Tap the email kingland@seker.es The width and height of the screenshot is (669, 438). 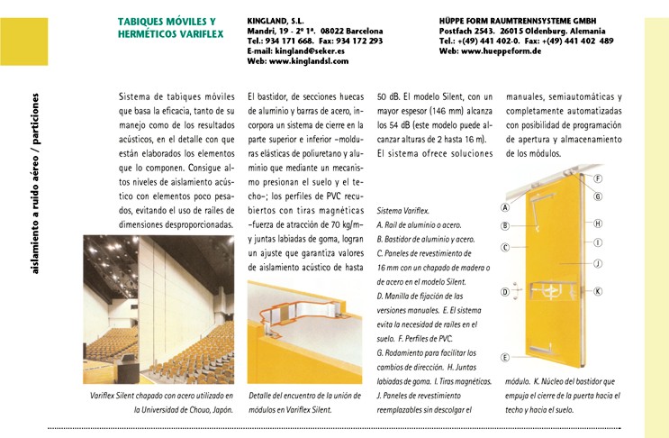[311, 51]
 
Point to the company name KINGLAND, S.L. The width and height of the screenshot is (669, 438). [275, 19]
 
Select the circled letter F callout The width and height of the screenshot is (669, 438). [598, 178]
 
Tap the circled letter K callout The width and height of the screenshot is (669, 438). [597, 291]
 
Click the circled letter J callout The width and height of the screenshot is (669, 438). [597, 263]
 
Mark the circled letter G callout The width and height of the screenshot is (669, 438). [598, 196]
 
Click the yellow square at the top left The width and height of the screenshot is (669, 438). [23, 41]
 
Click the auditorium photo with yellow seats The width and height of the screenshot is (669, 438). [160, 311]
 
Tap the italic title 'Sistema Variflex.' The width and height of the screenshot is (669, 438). [403, 209]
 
